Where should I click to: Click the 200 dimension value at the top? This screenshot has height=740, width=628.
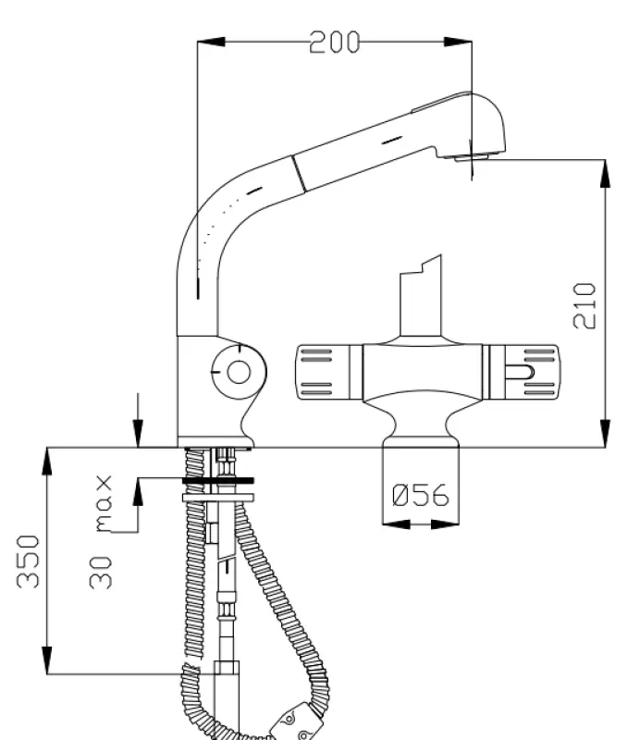pyautogui.click(x=334, y=42)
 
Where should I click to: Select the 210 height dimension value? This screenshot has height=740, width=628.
pyautogui.click(x=585, y=305)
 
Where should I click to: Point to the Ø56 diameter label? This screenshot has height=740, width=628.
pyautogui.click(x=421, y=496)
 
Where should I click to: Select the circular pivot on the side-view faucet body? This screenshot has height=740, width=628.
pyautogui.click(x=239, y=372)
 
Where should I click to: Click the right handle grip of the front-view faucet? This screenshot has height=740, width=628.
pyautogui.click(x=525, y=372)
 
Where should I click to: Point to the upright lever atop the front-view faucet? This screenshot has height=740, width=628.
pyautogui.click(x=421, y=296)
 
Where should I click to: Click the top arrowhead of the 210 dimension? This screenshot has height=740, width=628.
pyautogui.click(x=606, y=171)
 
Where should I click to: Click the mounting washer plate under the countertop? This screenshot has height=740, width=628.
pyautogui.click(x=218, y=481)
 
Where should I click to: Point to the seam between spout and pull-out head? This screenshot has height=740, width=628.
pyautogui.click(x=297, y=173)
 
